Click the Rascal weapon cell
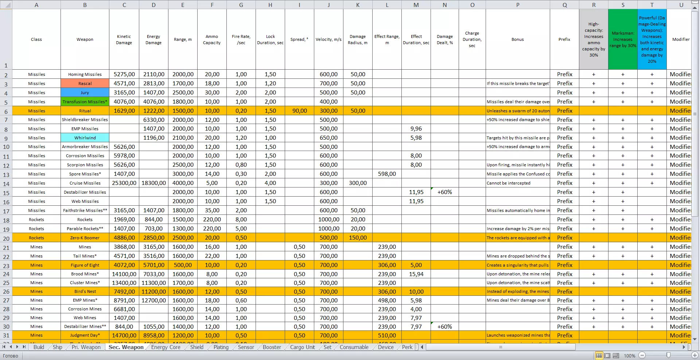click(85, 84)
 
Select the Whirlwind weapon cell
click(85, 138)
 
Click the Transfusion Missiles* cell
click(85, 102)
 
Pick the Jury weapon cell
click(85, 93)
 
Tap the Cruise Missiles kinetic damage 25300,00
click(124, 183)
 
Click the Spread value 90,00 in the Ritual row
click(299, 111)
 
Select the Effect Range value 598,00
click(387, 174)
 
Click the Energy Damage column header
click(153, 39)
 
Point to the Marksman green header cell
click(623, 39)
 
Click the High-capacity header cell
click(594, 39)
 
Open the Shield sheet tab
click(197, 347)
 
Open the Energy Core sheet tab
click(166, 347)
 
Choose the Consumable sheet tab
click(354, 347)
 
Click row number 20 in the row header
click(6, 239)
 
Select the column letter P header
click(518, 5)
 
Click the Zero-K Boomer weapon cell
click(85, 238)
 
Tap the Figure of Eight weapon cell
click(85, 265)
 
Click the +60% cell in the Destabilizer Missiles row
click(445, 192)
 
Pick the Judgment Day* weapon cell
click(85, 336)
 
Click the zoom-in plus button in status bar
click(695, 355)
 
